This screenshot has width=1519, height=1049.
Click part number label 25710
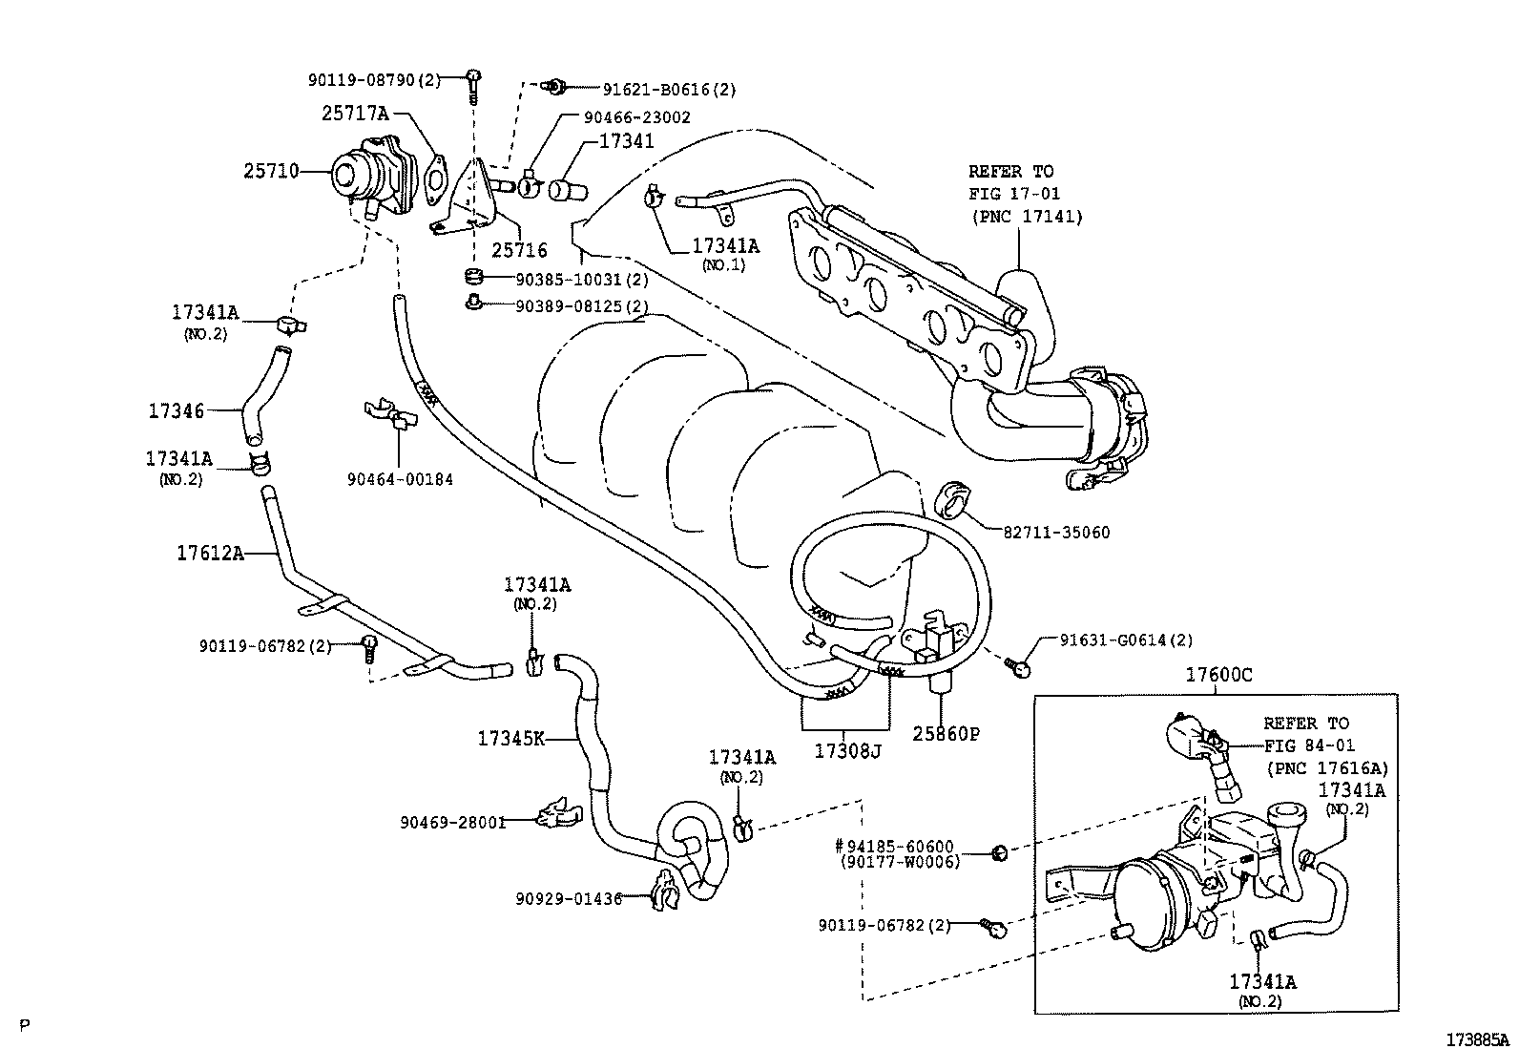click(x=270, y=171)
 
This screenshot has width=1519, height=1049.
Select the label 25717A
click(x=354, y=114)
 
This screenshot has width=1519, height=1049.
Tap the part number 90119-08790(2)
click(x=374, y=81)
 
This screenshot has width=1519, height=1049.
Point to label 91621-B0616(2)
click(x=669, y=90)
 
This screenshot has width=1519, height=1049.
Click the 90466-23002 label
click(x=636, y=117)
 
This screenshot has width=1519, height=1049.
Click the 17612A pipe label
click(x=210, y=552)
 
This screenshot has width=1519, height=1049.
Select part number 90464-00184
click(x=400, y=479)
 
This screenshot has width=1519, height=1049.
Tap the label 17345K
click(x=510, y=738)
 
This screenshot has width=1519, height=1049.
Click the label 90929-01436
click(x=569, y=898)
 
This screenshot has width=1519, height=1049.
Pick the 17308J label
click(x=846, y=750)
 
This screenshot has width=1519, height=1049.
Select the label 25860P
click(x=945, y=733)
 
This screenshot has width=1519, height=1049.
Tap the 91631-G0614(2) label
click(x=1126, y=640)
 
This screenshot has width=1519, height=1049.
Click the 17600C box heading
click(x=1218, y=675)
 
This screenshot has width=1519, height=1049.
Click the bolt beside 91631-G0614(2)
click(x=1018, y=666)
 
